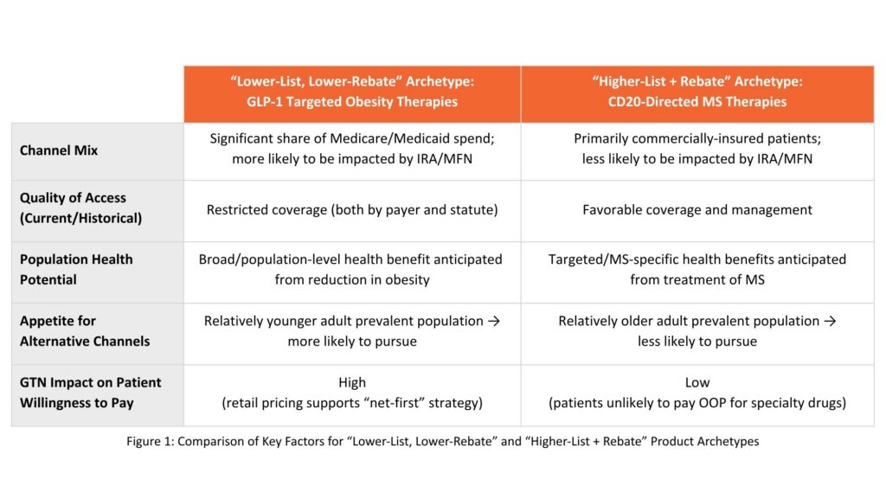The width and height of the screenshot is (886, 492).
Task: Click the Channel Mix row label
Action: click(59, 150)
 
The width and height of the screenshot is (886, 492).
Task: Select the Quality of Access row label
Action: click(80, 208)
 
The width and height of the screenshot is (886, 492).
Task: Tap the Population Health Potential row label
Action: click(76, 270)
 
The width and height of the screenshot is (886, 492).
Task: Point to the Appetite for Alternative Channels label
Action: click(85, 331)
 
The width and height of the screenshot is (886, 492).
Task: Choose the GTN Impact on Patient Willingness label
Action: click(90, 393)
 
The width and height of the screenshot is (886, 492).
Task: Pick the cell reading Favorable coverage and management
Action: click(697, 209)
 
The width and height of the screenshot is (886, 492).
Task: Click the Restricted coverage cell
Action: click(352, 209)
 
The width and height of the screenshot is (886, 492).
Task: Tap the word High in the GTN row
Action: click(352, 382)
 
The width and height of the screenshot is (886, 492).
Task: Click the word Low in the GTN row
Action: click(697, 382)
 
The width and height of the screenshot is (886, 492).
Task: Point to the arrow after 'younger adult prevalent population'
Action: click(494, 321)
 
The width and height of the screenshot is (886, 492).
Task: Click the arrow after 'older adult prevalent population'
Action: click(830, 321)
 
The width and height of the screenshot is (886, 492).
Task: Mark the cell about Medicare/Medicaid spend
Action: click(352, 149)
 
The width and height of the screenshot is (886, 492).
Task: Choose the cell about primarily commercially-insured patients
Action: click(697, 149)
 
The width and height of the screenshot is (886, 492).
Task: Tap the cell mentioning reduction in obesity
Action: click(350, 270)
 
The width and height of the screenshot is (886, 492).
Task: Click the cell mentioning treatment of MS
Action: click(697, 270)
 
